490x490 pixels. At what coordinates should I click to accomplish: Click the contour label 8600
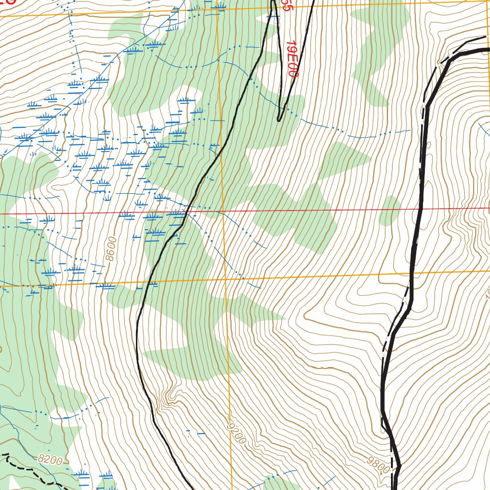pyautogui.click(x=111, y=249)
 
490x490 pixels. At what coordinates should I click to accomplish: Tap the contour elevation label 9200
pyautogui.click(x=237, y=433)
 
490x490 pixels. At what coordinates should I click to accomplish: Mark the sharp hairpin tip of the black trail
pyautogui.click(x=279, y=120)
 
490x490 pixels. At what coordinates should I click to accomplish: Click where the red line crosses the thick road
pyautogui.click(x=421, y=209)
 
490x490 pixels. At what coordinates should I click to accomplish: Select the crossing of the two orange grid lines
pyautogui.click(x=224, y=278)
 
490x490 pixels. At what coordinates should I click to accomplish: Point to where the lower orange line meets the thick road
pyautogui.click(x=413, y=274)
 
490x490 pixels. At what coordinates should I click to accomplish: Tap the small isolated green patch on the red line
pyautogui.click(x=390, y=211)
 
